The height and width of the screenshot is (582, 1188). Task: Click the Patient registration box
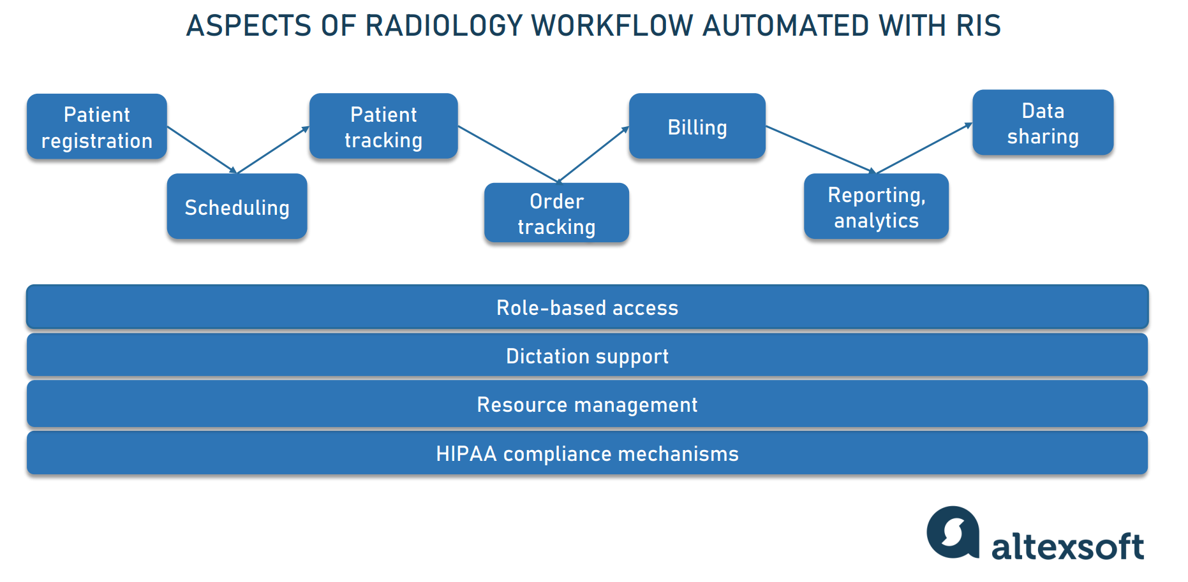97,127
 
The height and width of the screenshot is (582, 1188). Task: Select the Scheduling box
237,207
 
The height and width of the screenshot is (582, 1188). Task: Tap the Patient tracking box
383,126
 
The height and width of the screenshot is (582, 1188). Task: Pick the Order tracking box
556,213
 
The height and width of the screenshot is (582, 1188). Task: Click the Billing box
697,126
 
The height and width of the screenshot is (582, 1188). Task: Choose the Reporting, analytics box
876,207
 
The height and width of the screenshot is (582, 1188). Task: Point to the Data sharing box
1043,123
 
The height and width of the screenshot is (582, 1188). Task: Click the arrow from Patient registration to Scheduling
202,150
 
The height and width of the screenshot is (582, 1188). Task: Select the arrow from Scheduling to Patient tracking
273,150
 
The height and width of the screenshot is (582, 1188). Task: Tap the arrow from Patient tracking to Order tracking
509,154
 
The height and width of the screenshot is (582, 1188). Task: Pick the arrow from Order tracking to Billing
593,154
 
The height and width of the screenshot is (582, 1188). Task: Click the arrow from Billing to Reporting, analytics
820,149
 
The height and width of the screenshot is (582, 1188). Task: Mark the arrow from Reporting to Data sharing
924,149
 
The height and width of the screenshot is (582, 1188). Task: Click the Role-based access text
587,308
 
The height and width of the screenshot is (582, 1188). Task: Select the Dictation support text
587,356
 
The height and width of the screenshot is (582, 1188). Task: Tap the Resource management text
587,405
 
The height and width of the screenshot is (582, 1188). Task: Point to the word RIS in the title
978,26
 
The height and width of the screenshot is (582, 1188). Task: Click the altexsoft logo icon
953,532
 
